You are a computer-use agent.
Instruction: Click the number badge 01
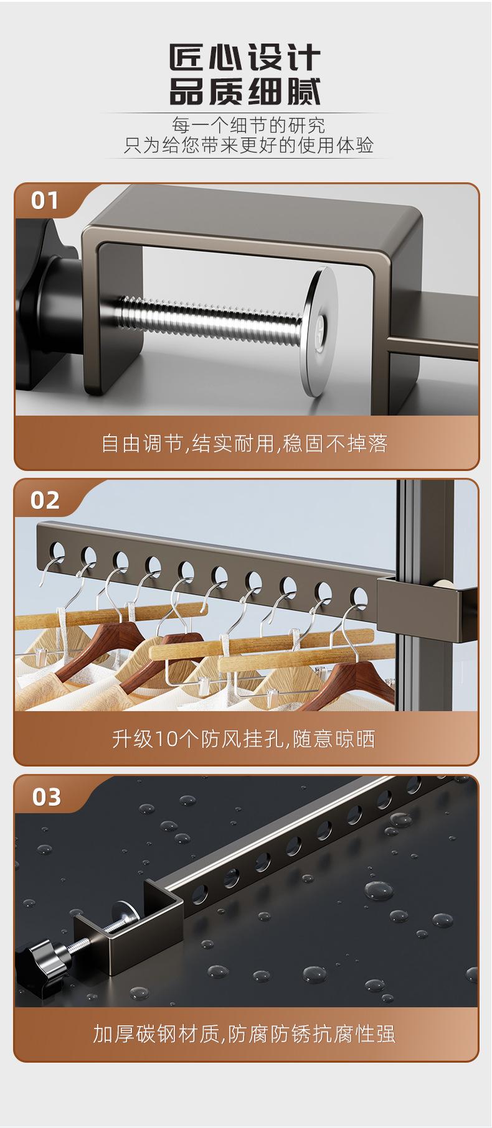point(45,201)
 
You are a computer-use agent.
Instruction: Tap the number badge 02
point(45,500)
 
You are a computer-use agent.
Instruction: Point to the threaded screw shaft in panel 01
point(212,317)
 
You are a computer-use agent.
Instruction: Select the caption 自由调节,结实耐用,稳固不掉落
point(245,444)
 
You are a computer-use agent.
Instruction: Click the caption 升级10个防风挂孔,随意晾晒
point(244,739)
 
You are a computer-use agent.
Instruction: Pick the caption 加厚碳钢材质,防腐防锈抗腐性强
point(244,1034)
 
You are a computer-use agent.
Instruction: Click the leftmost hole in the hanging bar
point(57,549)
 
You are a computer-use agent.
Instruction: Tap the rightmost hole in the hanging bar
point(357,595)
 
